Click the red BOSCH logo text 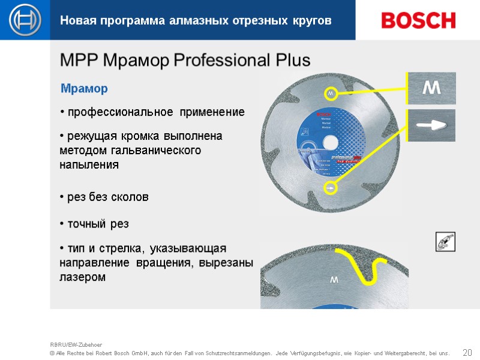(418, 20)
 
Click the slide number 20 (467, 352)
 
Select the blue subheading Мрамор (84, 89)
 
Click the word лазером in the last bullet (82, 277)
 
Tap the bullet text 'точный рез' (97, 224)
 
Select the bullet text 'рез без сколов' (107, 197)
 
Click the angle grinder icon (445, 242)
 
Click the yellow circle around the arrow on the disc (329, 188)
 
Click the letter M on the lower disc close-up (334, 280)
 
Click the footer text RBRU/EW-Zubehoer (76, 344)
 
